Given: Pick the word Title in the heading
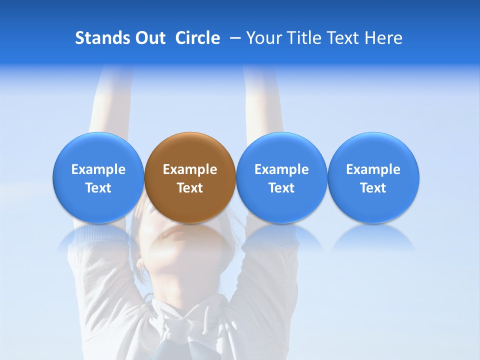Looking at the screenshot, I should (x=304, y=38).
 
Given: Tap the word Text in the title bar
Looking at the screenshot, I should (x=343, y=38).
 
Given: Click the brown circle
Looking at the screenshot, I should (x=190, y=177).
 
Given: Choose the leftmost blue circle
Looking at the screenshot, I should (x=98, y=177).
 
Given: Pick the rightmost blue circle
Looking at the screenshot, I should (x=373, y=177).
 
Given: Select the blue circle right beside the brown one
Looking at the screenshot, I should (x=281, y=177).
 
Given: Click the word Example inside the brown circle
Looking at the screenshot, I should (x=190, y=169).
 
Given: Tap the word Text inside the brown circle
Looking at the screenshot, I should (x=190, y=188).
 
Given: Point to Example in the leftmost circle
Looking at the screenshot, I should (x=98, y=169).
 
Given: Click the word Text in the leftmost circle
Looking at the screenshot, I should (x=98, y=188).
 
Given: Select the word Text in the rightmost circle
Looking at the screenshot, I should (x=373, y=188).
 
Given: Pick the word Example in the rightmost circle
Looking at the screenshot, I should (x=373, y=169).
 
